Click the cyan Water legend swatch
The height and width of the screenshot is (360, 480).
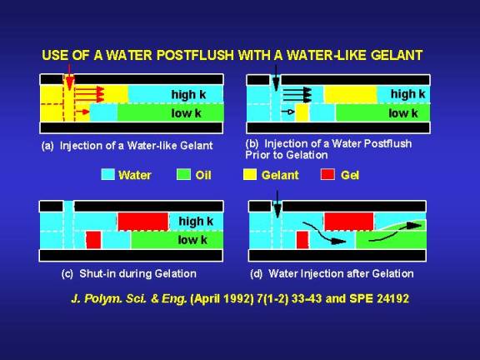pyautogui.click(x=108, y=174)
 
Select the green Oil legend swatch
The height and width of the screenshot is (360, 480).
pyautogui.click(x=183, y=174)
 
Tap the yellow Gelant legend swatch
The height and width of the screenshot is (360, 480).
pyautogui.click(x=250, y=174)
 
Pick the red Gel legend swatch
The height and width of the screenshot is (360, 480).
pyautogui.click(x=327, y=174)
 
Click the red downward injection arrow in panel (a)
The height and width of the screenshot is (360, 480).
pyautogui.click(x=70, y=77)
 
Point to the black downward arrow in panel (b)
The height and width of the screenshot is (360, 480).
pyautogui.click(x=276, y=77)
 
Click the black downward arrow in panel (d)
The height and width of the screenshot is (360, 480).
pyautogui.click(x=277, y=204)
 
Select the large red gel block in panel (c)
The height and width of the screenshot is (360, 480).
pyautogui.click(x=143, y=222)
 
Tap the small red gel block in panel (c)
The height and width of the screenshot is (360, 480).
pyautogui.click(x=93, y=240)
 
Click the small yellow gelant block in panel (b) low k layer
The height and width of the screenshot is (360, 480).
pyautogui.click(x=302, y=113)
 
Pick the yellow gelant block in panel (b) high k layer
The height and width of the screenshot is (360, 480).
pyautogui.click(x=351, y=95)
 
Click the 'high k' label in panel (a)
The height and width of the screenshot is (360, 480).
pyautogui.click(x=188, y=95)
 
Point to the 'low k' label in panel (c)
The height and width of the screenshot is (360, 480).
pyautogui.click(x=192, y=240)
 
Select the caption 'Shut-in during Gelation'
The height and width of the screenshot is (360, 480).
pyautogui.click(x=137, y=273)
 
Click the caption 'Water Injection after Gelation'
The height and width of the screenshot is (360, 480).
pyautogui.click(x=341, y=273)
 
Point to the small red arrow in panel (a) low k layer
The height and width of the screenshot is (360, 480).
pyautogui.click(x=82, y=112)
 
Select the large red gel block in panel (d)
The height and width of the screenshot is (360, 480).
pyautogui.click(x=349, y=222)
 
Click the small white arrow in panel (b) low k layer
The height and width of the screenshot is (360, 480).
pyautogui.click(x=287, y=112)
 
